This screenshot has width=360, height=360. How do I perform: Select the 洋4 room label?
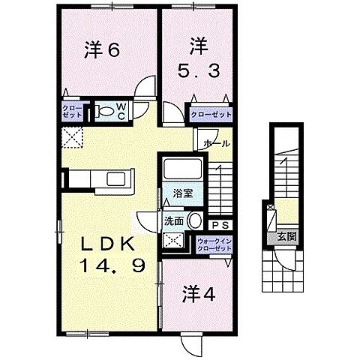(196, 294)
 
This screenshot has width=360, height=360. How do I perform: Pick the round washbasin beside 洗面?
(195, 221)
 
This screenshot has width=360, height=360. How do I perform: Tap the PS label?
(220, 224)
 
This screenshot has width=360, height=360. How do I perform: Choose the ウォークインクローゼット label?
(213, 246)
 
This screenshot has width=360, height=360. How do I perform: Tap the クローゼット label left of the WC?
(72, 113)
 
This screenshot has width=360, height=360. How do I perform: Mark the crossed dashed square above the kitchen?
(73, 139)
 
